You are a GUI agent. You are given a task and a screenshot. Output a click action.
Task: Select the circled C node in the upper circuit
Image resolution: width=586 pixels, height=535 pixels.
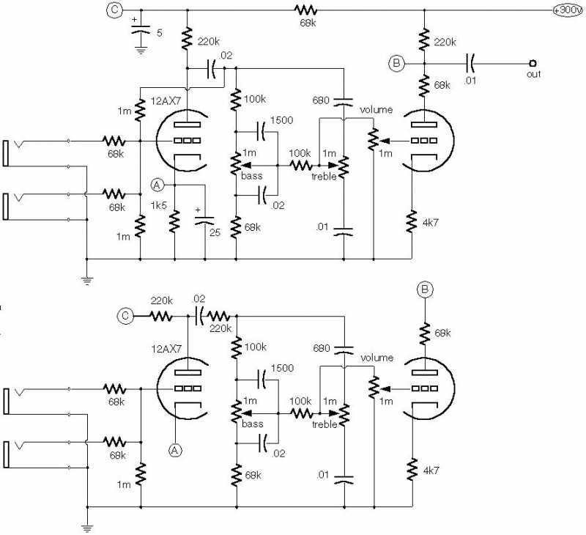click(114, 10)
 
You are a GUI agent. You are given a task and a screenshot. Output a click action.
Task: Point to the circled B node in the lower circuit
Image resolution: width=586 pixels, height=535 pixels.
click(426, 290)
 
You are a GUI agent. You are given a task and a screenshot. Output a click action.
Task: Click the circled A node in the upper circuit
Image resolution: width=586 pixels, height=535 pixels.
click(157, 184)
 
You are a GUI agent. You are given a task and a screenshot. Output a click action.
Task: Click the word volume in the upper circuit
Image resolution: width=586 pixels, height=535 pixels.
click(377, 110)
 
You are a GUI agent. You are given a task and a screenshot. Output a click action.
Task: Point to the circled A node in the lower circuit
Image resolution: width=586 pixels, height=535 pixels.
click(175, 450)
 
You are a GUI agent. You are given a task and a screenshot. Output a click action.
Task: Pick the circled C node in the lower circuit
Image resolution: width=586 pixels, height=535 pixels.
click(126, 317)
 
